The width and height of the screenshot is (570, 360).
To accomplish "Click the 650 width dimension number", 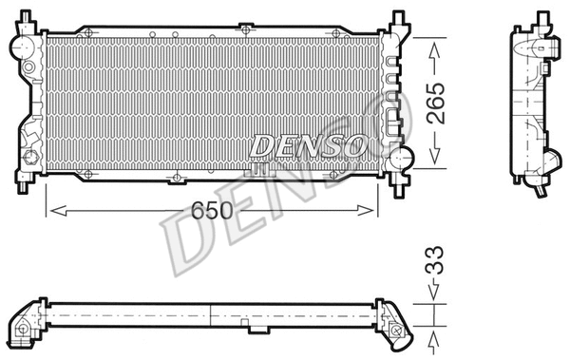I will tap(214, 211).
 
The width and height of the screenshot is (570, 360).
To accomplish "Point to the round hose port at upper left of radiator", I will tap(20, 44).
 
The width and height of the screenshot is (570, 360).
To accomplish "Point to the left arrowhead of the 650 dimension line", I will tap(51, 210).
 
